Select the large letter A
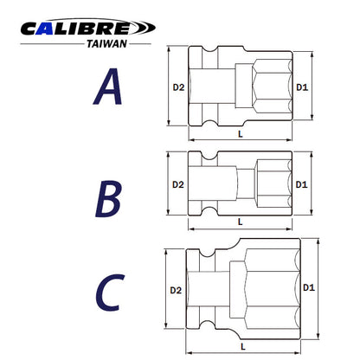point(106,87)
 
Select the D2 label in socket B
point(179,184)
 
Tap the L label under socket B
point(239,222)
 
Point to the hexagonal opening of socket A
point(261,87)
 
